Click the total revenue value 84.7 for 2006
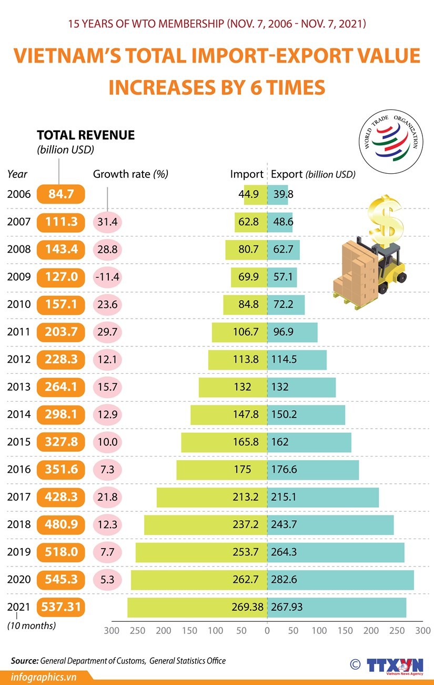tap(60, 194)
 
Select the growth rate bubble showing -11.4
tap(107, 276)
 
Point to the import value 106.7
tap(245, 331)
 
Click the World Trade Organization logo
tap(392, 142)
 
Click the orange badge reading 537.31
tap(60, 607)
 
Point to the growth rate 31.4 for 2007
tap(107, 222)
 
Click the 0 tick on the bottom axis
tap(267, 630)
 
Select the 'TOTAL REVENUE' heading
tap(86, 135)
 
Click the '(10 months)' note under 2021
tap(31, 626)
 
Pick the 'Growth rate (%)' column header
tap(130, 174)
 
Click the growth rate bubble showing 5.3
tap(107, 580)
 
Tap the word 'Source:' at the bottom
tap(25, 660)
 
